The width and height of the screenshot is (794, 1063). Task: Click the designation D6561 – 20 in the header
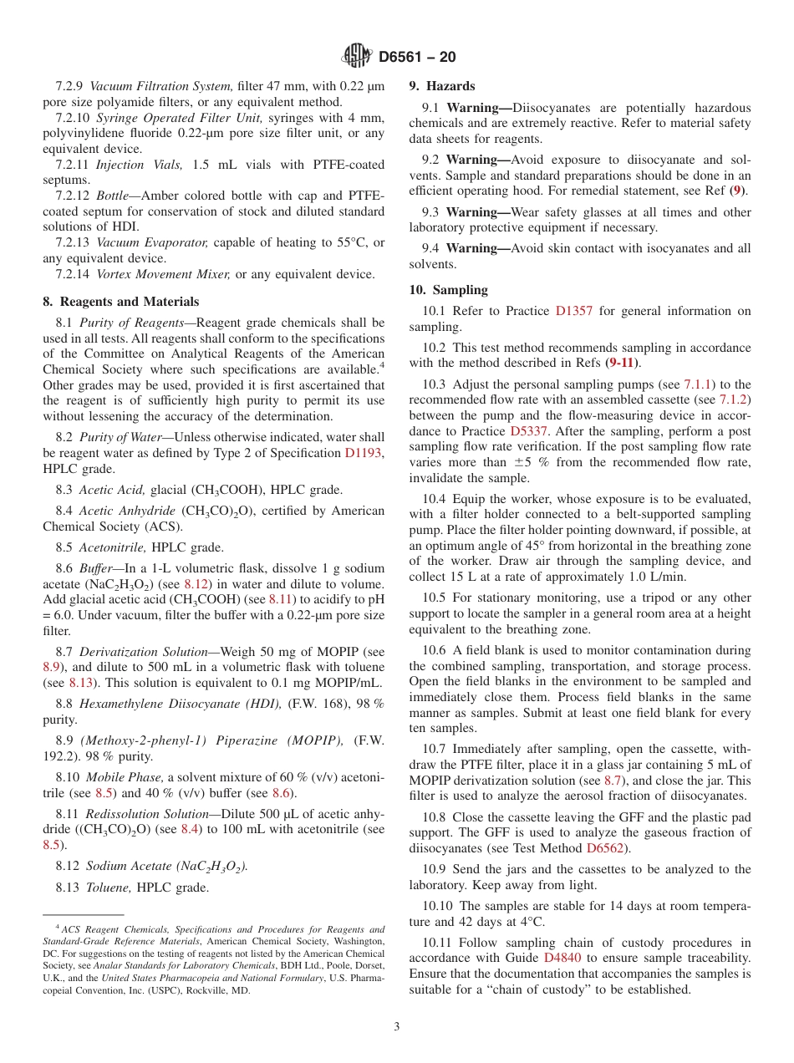click(417, 58)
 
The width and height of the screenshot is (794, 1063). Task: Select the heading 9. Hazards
click(441, 86)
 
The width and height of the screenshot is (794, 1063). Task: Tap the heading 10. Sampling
click(448, 290)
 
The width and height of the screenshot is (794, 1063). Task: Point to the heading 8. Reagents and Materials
click(121, 302)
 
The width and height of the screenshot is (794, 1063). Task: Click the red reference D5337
click(529, 431)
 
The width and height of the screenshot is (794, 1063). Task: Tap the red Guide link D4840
click(564, 958)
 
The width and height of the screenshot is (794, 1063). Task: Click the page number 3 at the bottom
click(397, 1026)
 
